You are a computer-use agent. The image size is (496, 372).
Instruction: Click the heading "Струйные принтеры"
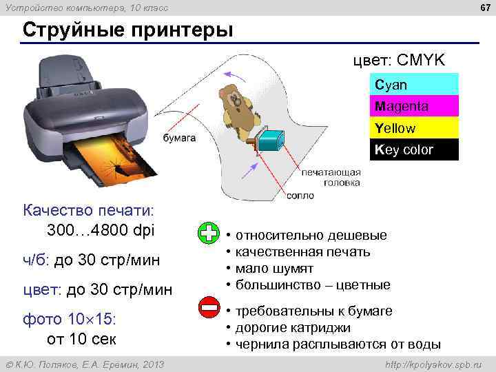(127, 30)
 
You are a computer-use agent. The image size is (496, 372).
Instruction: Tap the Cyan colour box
(414, 85)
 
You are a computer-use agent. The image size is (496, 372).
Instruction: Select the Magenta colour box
(414, 106)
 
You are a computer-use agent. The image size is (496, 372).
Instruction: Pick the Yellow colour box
(414, 128)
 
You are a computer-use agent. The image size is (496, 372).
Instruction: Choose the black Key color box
(414, 149)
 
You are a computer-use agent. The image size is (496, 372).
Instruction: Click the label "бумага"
(179, 138)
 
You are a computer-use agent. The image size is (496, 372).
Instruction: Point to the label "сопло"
(301, 196)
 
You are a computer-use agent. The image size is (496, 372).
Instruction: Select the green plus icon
(207, 234)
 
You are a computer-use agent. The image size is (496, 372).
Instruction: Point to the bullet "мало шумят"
(274, 268)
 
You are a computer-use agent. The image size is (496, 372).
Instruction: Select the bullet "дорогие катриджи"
(293, 328)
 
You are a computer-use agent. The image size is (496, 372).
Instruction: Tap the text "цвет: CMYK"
(400, 61)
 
